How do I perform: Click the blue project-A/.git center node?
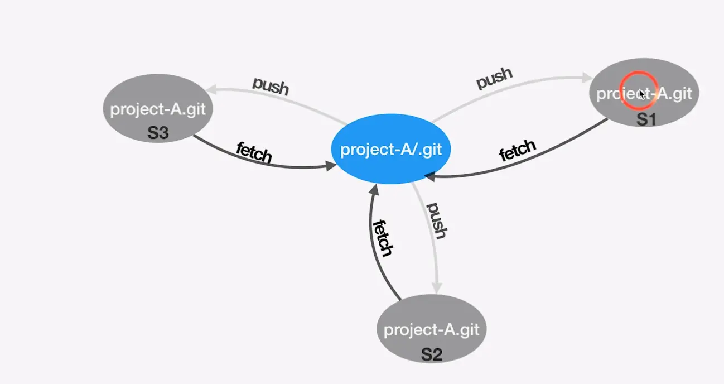point(390,150)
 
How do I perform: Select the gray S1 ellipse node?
point(644,93)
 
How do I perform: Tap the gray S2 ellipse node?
point(431,329)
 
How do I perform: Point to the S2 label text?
point(431,354)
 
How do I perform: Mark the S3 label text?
point(158,133)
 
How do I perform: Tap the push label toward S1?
point(494,78)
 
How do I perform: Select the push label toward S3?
point(271,85)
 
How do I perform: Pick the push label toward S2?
point(437,220)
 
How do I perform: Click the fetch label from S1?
point(517,151)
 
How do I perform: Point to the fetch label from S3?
point(254,152)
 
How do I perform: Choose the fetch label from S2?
point(383,238)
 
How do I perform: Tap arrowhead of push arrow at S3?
point(211,90)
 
